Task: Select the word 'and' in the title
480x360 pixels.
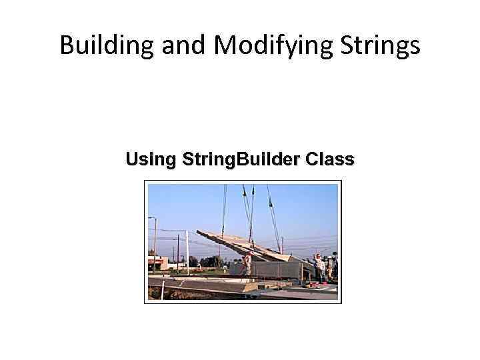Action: click(175, 45)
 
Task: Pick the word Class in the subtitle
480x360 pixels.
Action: click(329, 160)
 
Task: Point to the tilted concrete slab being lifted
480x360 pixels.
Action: click(240, 245)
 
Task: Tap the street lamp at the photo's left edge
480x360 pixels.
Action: click(154, 240)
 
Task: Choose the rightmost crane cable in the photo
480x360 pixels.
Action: click(273, 213)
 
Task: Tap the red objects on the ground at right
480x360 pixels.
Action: click(317, 283)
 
